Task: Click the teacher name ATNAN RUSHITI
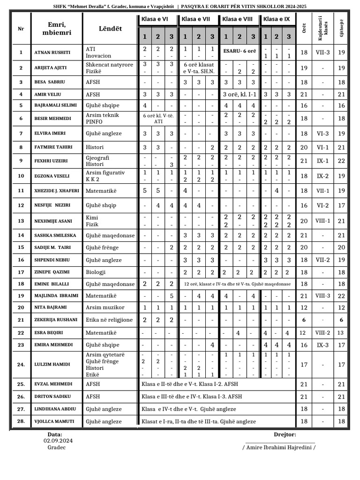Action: [52, 52]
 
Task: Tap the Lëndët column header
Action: [110, 29]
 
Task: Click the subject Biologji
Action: [96, 272]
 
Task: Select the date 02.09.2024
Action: [58, 441]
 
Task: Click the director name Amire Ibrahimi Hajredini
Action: [279, 447]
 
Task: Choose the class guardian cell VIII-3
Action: [322, 296]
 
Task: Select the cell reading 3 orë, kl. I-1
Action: [240, 94]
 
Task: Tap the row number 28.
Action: [21, 421]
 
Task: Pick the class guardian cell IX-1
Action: [322, 161]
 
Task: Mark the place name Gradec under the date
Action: [57, 447]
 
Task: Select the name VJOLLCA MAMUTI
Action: [54, 421]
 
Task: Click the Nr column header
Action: [21, 29]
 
